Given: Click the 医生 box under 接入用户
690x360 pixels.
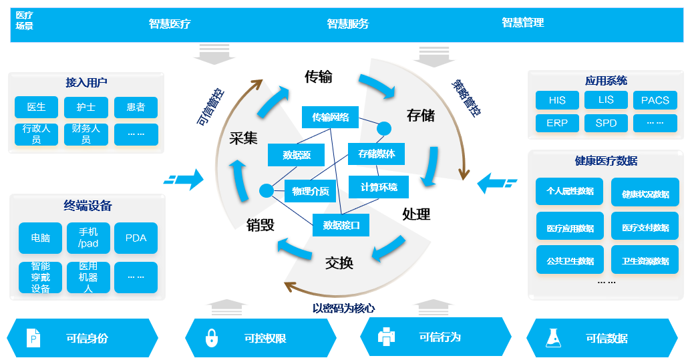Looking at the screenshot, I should click(x=37, y=107).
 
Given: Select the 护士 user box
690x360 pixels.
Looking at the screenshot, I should click(x=86, y=107).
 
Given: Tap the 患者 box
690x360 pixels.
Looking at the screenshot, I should click(x=136, y=107).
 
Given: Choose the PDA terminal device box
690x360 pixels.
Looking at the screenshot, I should click(x=136, y=238).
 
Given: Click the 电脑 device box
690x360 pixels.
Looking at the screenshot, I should click(x=40, y=238).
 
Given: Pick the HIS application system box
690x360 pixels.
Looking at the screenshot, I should click(x=557, y=100).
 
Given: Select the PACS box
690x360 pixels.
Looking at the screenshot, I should click(x=655, y=100).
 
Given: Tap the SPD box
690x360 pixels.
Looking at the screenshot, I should click(x=606, y=124).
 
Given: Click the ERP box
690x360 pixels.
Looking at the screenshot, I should click(x=557, y=124).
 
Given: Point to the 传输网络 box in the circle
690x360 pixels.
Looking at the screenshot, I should click(x=330, y=118).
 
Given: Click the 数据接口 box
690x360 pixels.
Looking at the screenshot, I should click(x=341, y=225).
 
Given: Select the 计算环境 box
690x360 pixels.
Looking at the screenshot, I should click(x=379, y=187).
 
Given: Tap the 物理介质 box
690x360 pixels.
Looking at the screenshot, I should click(x=311, y=191).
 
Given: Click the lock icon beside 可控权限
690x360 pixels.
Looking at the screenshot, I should click(x=212, y=337).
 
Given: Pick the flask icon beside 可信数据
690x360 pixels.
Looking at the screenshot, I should click(x=552, y=337).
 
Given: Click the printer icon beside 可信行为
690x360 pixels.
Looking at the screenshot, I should click(x=387, y=337).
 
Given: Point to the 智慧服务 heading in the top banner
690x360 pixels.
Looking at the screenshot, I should click(x=347, y=23).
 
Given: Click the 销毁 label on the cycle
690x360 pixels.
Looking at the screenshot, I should click(x=261, y=224).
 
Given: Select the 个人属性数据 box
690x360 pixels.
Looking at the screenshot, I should click(x=570, y=190).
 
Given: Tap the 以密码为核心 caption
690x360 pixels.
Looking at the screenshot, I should click(x=343, y=309).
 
